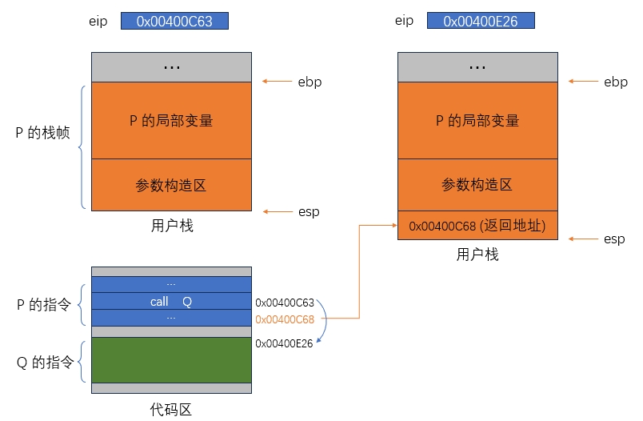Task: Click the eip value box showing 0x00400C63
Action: point(174,22)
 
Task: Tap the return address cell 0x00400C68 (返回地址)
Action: point(477,227)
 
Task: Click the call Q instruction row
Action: point(171,302)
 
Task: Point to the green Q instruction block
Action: point(171,359)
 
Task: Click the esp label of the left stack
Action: point(308,211)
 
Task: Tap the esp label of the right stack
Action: point(614,239)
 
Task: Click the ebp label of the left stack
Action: point(309,82)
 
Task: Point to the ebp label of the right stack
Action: point(615,82)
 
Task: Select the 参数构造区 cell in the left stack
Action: point(171,185)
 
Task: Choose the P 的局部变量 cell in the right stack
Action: point(477,121)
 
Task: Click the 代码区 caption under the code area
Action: point(171,410)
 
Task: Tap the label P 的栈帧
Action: point(43,133)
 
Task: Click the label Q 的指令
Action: point(46,363)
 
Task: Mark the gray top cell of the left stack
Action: point(171,67)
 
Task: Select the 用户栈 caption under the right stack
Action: point(477,255)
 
